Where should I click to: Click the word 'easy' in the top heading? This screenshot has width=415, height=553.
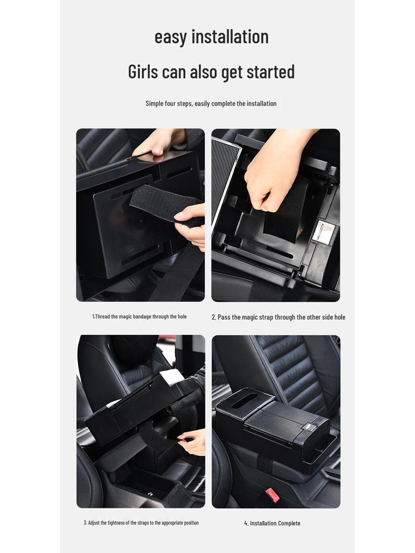point(171,37)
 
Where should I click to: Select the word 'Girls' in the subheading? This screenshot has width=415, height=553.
point(143,71)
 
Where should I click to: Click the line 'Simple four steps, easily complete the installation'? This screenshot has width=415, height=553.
point(211,103)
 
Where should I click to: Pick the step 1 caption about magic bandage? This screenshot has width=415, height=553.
point(139,316)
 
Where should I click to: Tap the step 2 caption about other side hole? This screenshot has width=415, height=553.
point(278,317)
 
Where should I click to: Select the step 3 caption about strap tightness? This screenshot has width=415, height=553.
point(141,523)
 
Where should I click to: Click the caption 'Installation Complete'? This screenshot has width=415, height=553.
point(272,523)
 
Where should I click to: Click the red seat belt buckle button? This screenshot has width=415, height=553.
point(272,495)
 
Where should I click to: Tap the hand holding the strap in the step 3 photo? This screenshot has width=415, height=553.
point(193,441)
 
